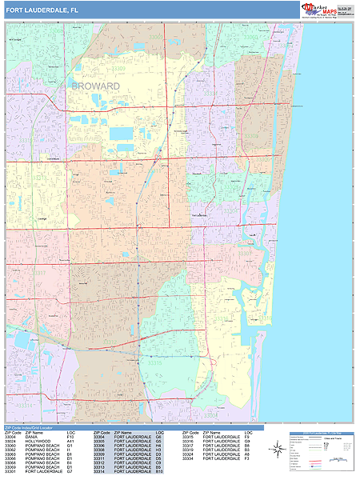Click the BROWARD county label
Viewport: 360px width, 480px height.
pos(94,86)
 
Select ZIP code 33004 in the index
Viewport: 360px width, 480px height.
pos(10,437)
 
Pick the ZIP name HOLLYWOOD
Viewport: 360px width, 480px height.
pos(38,442)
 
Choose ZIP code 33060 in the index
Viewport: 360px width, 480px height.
pos(10,446)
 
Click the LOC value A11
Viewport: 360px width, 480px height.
pos(70,442)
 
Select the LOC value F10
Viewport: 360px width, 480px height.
pos(70,437)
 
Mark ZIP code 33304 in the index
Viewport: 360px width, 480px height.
pos(99,437)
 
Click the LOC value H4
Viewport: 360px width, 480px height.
pos(159,446)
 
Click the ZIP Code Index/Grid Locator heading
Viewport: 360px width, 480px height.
pos(36,427)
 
